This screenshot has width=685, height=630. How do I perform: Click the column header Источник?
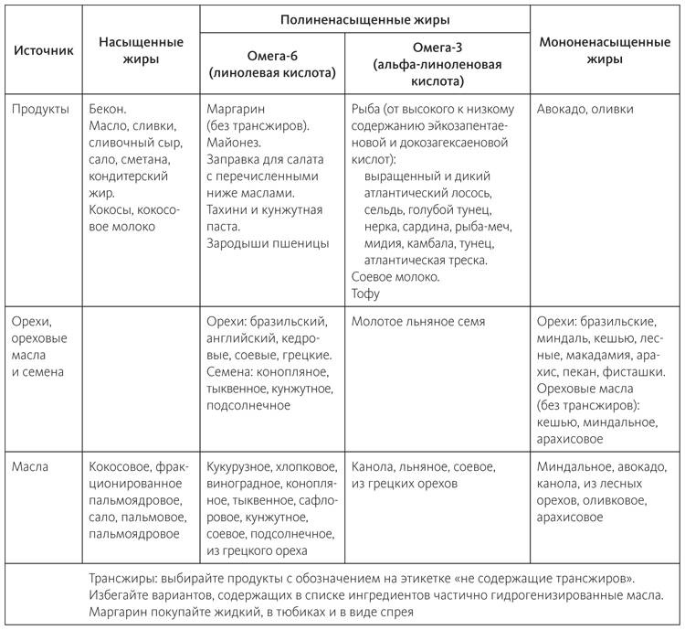coord(42,50)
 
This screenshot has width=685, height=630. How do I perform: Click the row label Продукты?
coord(40,109)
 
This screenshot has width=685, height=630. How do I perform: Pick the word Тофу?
coord(365,294)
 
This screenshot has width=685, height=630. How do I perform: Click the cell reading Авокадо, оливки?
coord(585,109)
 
